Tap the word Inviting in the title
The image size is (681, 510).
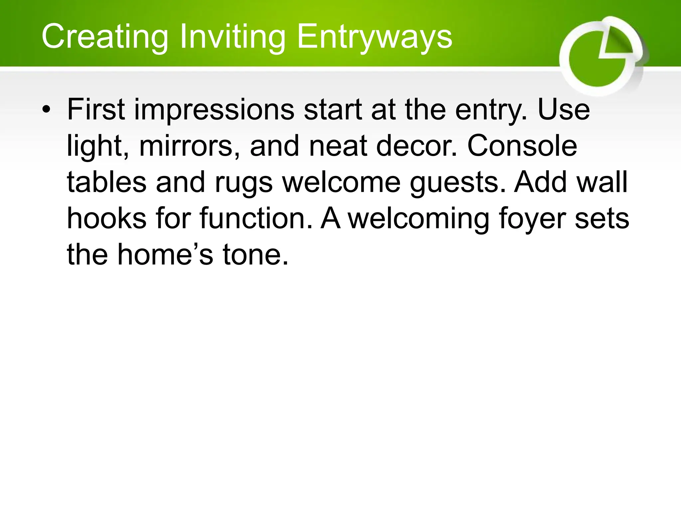pos(232,37)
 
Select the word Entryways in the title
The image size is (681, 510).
pos(374,37)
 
